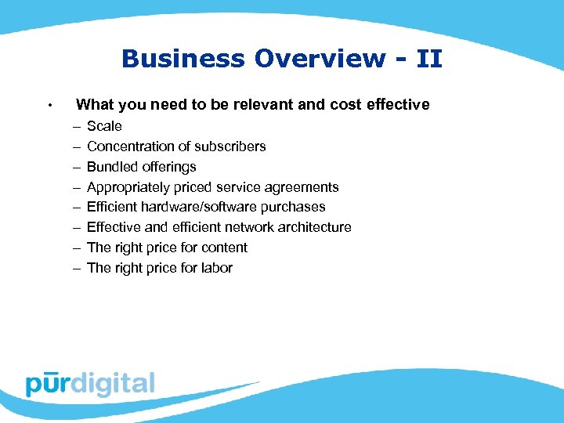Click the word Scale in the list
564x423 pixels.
104,126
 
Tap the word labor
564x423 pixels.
215,268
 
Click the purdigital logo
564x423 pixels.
90,383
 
